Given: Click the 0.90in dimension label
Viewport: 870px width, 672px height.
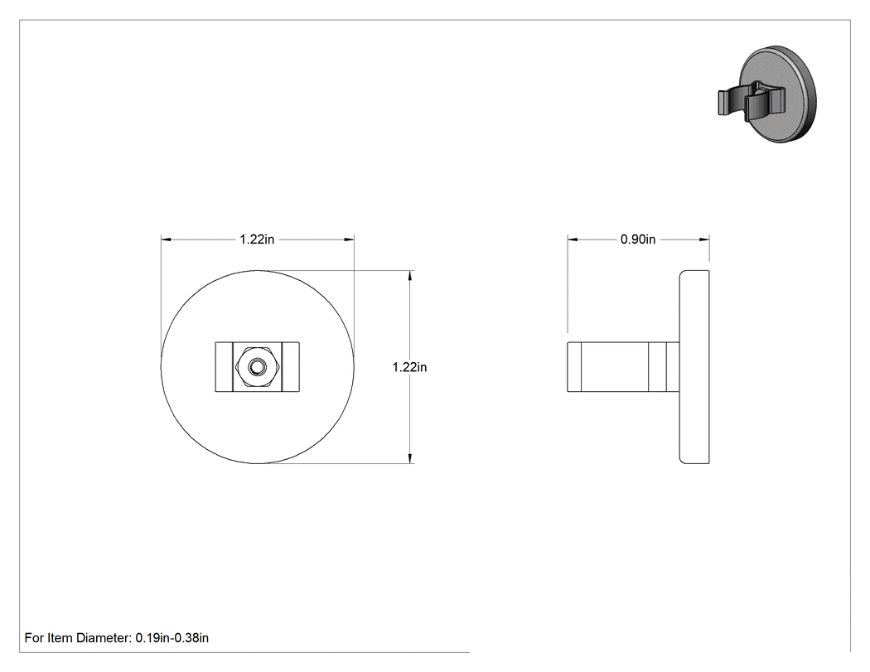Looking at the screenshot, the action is [x=637, y=239].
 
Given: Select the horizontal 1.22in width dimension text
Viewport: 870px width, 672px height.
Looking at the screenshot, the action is [x=257, y=239].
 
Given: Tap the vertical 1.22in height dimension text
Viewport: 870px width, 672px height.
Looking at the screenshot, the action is [x=409, y=367].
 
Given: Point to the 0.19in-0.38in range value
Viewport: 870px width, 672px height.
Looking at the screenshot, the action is [x=172, y=638].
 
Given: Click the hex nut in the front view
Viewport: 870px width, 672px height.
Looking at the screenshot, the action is [x=258, y=367].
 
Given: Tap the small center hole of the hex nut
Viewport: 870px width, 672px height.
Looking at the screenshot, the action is [x=258, y=367].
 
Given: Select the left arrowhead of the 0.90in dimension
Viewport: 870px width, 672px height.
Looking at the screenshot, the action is [x=572, y=239].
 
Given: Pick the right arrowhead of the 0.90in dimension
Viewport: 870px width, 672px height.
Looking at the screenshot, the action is [x=704, y=239].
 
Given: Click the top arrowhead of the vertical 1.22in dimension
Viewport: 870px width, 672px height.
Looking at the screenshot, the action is [x=410, y=276].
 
